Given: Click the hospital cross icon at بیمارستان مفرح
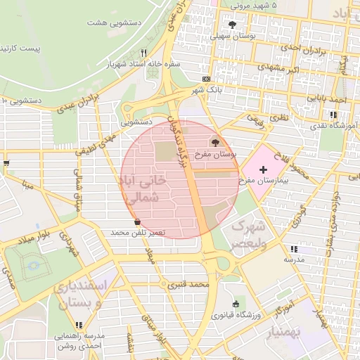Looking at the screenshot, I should (263, 169).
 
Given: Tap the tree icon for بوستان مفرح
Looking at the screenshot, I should (215, 143).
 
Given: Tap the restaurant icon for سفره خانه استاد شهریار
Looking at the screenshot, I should (143, 53).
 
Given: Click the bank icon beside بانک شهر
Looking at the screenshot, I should (205, 79).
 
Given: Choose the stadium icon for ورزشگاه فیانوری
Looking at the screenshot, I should (235, 303).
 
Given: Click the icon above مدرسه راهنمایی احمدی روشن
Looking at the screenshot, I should (79, 325).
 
